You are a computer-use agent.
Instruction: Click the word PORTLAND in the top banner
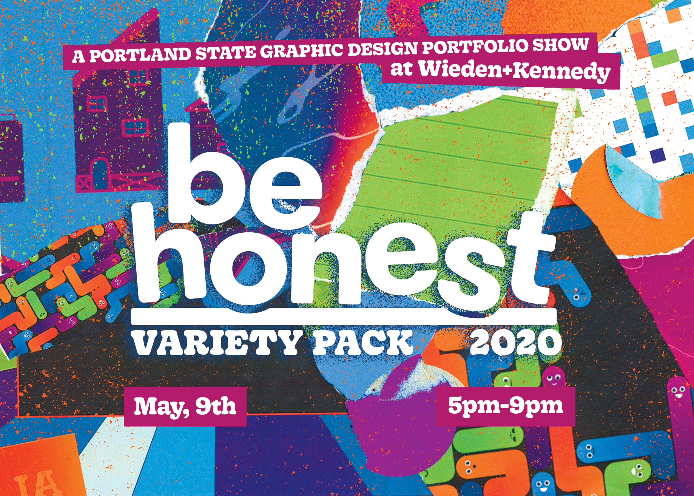(x=140, y=54)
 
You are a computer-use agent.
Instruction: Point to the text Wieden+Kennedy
(x=515, y=71)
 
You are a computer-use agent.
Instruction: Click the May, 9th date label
(x=185, y=406)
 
